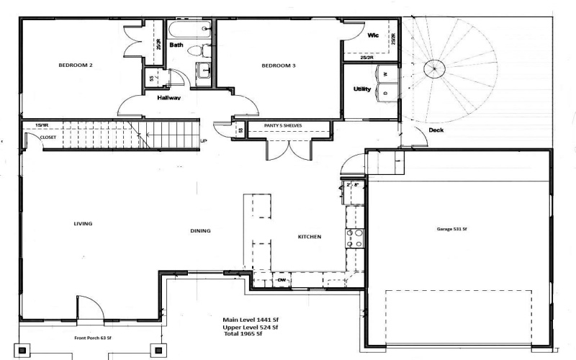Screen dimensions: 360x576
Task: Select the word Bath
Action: [176, 45]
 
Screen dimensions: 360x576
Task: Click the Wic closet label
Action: [373, 35]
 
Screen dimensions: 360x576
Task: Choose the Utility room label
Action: [361, 89]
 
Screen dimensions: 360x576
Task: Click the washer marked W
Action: [385, 74]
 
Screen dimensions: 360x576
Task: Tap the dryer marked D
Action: [385, 94]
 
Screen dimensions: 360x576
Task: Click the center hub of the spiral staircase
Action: [433, 70]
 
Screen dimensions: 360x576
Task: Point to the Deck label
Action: [436, 130]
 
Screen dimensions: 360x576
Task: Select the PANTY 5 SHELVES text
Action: [283, 125]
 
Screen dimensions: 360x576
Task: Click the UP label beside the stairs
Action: [204, 140]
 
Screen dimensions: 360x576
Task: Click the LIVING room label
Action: [83, 223]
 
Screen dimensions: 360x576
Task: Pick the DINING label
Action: [200, 231]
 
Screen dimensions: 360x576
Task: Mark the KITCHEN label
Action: [310, 236]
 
